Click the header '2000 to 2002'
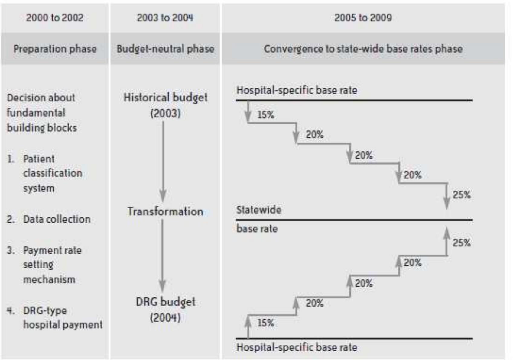coord(55,18)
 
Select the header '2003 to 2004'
coord(165,18)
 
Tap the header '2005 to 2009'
coord(363,18)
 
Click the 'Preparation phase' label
coord(55,49)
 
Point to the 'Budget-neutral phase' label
coord(165,49)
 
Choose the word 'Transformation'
coord(165,211)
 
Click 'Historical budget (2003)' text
coord(165,105)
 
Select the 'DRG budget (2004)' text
coord(165,309)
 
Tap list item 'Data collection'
coord(57,219)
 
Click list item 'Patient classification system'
coord(52,173)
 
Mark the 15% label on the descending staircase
coord(265,115)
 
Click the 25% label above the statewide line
coord(461,195)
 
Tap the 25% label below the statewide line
coord(461,243)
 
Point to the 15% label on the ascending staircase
coord(265,323)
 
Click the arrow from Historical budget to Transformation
coord(163,160)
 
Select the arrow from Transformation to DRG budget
coord(162,254)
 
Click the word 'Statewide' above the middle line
coord(259,210)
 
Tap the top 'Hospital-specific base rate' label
coord(297,90)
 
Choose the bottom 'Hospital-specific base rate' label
coord(297,347)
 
